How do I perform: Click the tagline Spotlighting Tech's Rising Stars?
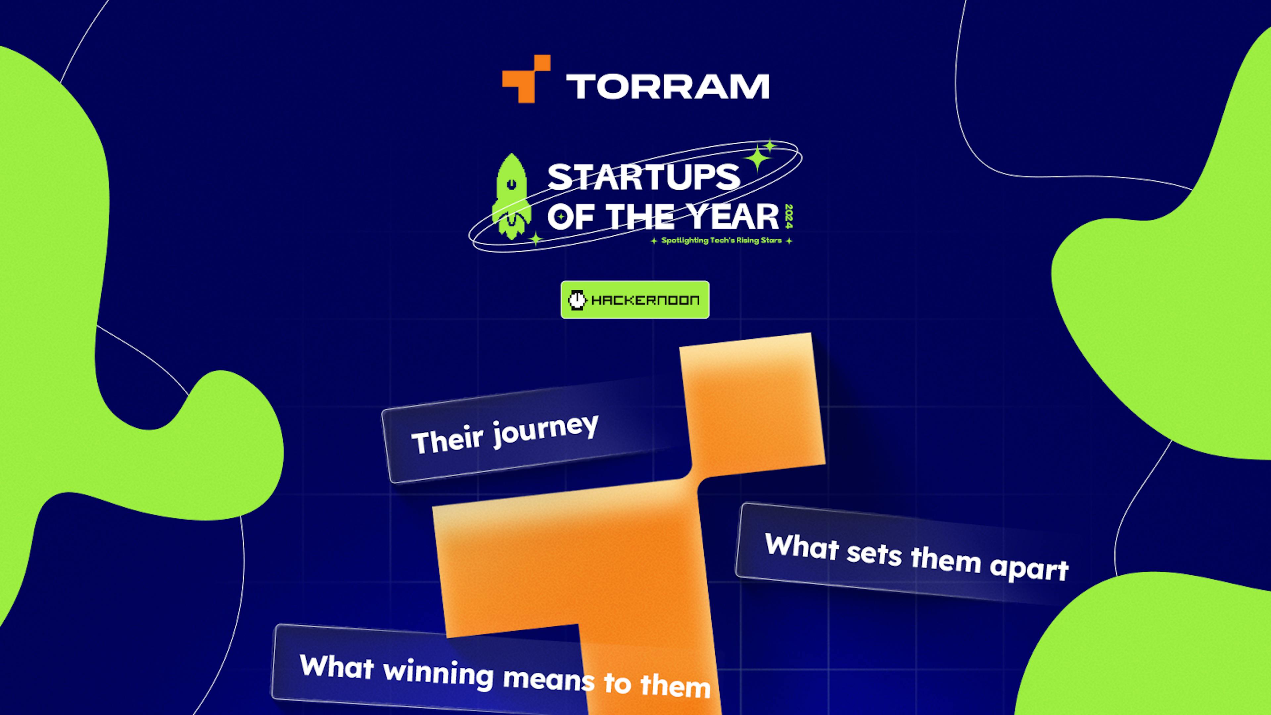[x=721, y=241]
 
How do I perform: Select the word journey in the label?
[x=545, y=430]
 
